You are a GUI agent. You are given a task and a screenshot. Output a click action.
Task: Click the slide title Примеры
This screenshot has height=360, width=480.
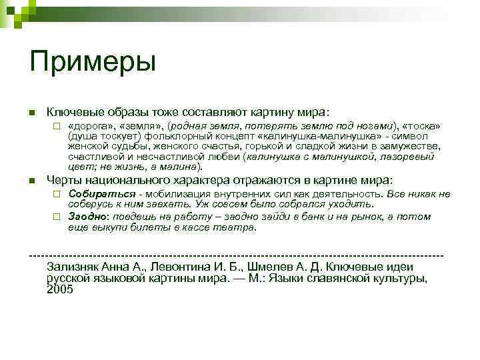(x=93, y=63)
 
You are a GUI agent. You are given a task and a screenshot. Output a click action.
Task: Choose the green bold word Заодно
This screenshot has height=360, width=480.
(x=88, y=217)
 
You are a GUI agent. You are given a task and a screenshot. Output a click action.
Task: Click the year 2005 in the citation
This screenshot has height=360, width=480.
(x=60, y=289)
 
